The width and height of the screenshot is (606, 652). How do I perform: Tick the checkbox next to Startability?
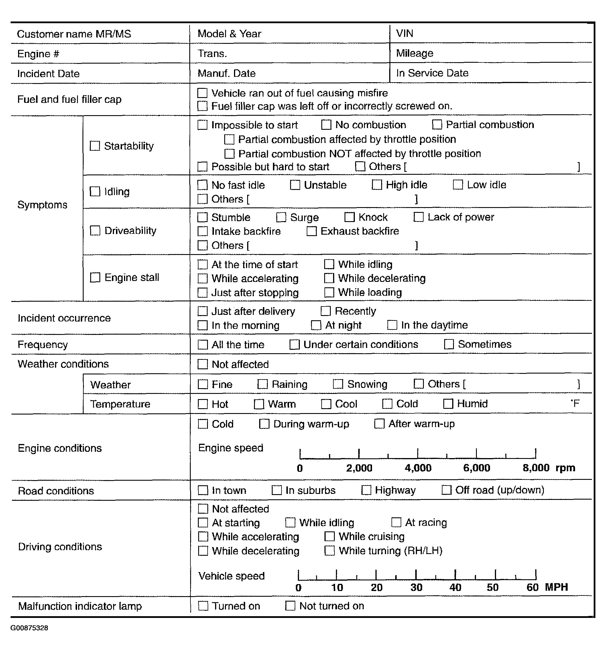click(95, 146)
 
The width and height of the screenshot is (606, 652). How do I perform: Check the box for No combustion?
click(326, 125)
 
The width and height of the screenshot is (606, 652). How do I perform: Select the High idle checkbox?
click(377, 185)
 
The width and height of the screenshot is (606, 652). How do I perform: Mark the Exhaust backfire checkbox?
click(312, 231)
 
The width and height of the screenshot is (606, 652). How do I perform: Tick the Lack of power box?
click(418, 217)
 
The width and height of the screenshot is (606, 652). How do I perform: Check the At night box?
click(316, 325)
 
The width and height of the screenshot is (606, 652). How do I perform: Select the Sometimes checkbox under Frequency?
click(448, 344)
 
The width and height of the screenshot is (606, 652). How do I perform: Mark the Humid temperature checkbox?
click(448, 404)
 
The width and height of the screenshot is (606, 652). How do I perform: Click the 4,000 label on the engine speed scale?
click(418, 468)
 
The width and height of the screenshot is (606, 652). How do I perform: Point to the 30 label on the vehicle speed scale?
click(416, 587)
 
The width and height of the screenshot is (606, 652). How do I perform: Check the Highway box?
click(366, 490)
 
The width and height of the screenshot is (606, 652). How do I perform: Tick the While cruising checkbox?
click(329, 537)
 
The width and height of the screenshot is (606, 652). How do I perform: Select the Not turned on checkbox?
click(290, 606)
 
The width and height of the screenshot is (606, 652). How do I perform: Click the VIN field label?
click(404, 34)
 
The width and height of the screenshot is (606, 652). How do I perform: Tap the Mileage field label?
click(414, 53)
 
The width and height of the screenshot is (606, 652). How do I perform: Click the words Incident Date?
click(48, 73)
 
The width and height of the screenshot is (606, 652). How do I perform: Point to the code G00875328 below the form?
click(29, 628)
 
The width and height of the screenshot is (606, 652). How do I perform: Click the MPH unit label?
click(556, 587)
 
